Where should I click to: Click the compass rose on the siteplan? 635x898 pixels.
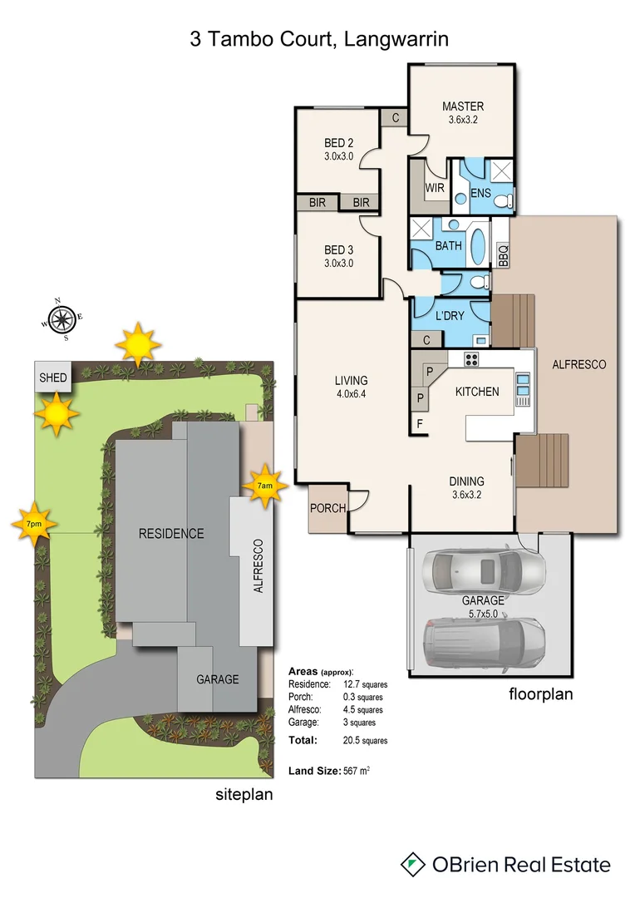pos(61,318)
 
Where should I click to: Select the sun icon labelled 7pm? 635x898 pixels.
pos(34,525)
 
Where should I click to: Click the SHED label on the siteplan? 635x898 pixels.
pos(53,377)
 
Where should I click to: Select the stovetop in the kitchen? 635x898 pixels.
pos(471,359)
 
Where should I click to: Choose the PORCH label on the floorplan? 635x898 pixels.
pos(327,508)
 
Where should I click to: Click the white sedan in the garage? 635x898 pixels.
pos(484,571)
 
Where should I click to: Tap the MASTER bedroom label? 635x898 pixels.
pos(462,106)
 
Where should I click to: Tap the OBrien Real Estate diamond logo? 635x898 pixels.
pos(412,865)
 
